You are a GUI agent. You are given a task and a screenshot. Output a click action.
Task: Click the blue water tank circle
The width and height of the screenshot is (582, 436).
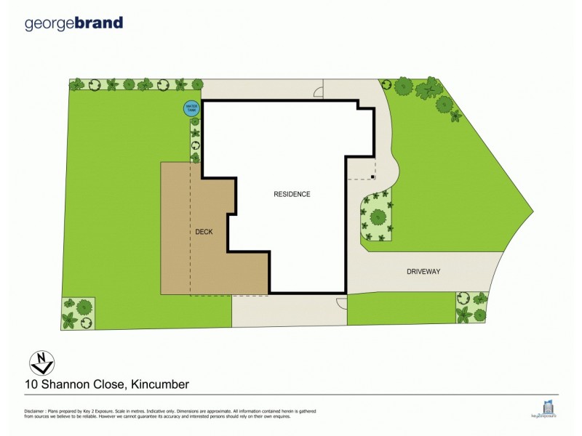(x=192, y=108)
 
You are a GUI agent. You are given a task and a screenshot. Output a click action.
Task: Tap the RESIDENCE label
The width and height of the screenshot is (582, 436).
(x=292, y=194)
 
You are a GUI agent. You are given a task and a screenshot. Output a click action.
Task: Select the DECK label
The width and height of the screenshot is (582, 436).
(x=204, y=233)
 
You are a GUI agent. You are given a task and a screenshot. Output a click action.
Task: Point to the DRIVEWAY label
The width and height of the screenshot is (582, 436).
(x=424, y=271)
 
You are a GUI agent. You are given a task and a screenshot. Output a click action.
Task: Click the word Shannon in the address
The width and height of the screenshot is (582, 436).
(x=65, y=383)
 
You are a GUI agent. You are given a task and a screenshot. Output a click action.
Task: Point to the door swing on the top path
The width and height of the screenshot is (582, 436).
(x=318, y=91)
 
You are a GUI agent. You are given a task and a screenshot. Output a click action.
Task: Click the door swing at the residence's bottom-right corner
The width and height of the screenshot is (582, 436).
(x=340, y=303)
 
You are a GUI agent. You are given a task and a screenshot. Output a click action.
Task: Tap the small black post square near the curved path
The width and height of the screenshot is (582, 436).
(x=373, y=177)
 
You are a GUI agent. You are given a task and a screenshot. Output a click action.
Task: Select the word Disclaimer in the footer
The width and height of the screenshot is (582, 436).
(x=36, y=411)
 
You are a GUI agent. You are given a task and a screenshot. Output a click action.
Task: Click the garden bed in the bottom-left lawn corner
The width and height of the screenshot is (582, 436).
(x=78, y=313)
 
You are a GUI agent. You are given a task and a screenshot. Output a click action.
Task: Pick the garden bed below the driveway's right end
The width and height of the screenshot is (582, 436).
(x=471, y=307)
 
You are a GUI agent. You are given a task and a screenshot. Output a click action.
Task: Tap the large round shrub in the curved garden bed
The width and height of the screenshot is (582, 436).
(x=377, y=217)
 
